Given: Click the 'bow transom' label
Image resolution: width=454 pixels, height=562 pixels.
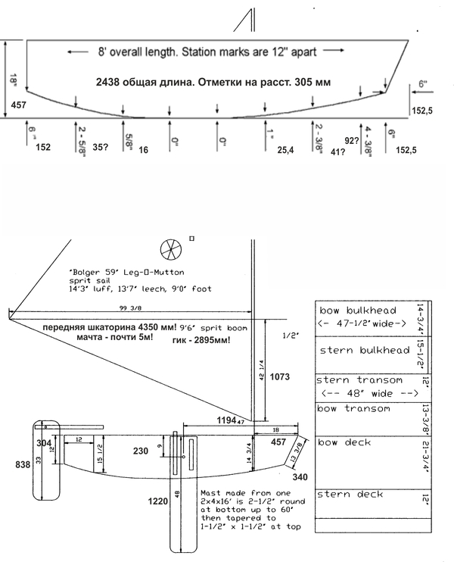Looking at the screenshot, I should point(353,409).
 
